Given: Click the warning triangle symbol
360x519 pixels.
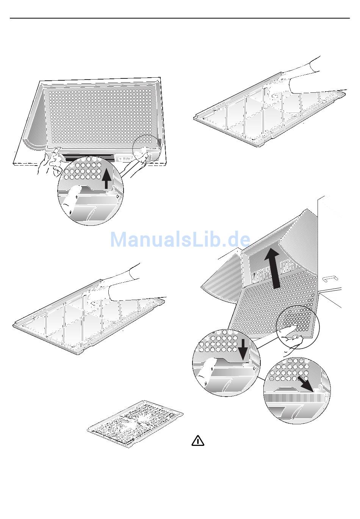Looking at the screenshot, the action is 198,441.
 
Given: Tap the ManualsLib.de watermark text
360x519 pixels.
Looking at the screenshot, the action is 180,239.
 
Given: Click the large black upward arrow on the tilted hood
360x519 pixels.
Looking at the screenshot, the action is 273,269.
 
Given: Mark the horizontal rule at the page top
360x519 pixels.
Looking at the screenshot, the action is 180,18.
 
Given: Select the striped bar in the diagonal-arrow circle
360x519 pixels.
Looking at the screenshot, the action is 295,398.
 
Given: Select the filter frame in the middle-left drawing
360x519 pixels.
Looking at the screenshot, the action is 89,317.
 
